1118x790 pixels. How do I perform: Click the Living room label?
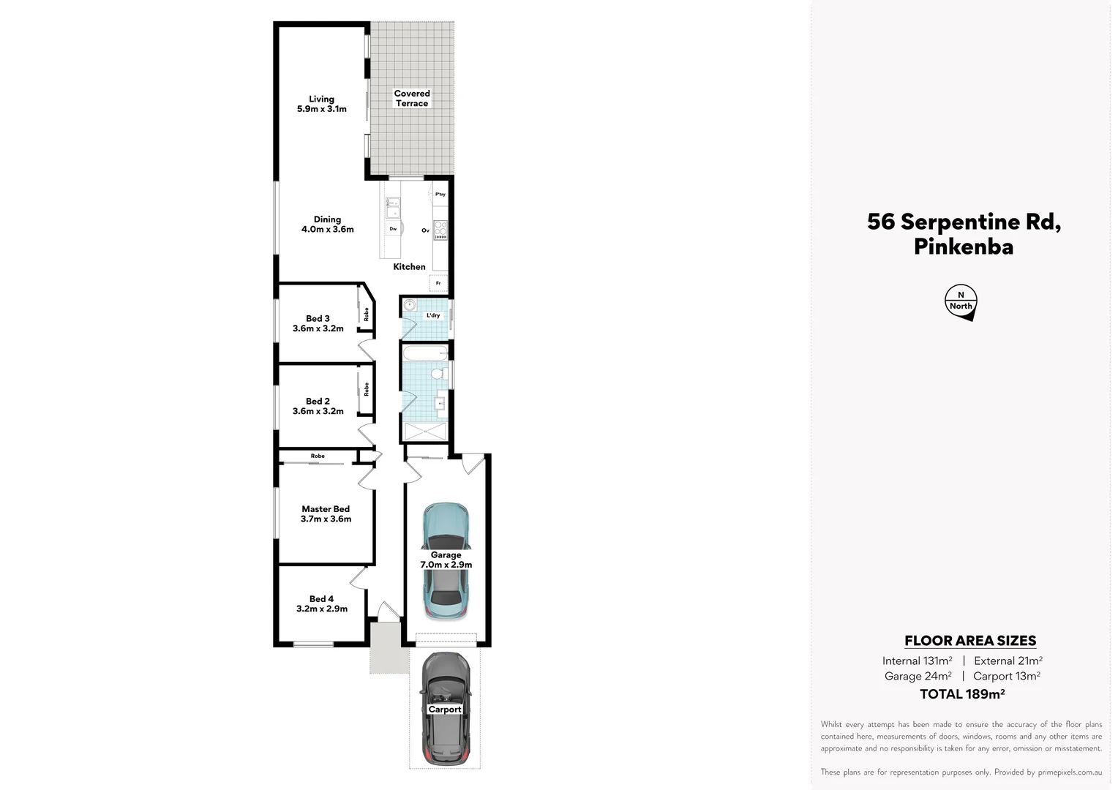pyautogui.click(x=322, y=104)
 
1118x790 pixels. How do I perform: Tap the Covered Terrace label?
pyautogui.click(x=412, y=98)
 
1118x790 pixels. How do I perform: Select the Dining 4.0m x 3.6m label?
pyautogui.click(x=327, y=224)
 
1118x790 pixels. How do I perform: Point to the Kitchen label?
pyautogui.click(x=409, y=266)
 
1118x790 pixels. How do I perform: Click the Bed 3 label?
pyautogui.click(x=318, y=323)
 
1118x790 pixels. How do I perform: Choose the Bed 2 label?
pyautogui.click(x=318, y=406)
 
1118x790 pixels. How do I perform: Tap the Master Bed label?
pyautogui.click(x=326, y=513)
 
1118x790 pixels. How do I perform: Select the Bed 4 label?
pyautogui.click(x=321, y=603)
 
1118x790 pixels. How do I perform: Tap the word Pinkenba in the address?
pyautogui.click(x=963, y=247)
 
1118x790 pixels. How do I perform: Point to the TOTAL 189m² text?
pyautogui.click(x=961, y=694)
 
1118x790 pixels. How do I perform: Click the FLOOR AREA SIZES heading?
pyautogui.click(x=970, y=641)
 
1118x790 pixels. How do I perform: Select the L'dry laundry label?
pyautogui.click(x=433, y=315)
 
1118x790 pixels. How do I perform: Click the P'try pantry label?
pyautogui.click(x=440, y=195)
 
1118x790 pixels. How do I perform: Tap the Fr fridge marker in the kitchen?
pyautogui.click(x=438, y=283)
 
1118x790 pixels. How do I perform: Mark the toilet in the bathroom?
pyautogui.click(x=438, y=374)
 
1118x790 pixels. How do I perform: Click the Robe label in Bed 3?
pyautogui.click(x=367, y=315)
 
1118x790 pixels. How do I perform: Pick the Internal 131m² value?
pyautogui.click(x=917, y=661)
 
